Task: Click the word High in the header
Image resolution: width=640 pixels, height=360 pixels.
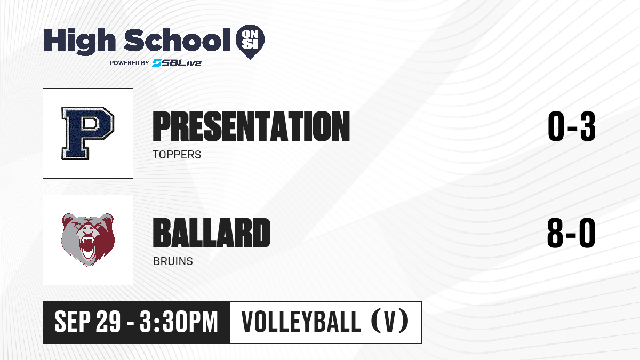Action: pyautogui.click(x=79, y=42)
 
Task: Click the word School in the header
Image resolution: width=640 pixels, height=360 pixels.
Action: pyautogui.click(x=177, y=39)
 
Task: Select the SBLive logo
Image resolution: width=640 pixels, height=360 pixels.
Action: pyautogui.click(x=177, y=62)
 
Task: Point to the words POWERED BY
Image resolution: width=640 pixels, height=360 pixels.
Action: pyautogui.click(x=130, y=63)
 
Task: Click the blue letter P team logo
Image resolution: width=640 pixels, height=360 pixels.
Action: pyautogui.click(x=87, y=133)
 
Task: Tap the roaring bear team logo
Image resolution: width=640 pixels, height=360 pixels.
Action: pyautogui.click(x=88, y=239)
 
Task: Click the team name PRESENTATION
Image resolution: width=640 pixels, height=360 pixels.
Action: pyautogui.click(x=251, y=126)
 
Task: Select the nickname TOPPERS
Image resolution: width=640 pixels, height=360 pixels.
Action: pyautogui.click(x=177, y=155)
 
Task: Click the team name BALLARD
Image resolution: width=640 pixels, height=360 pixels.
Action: pyautogui.click(x=212, y=233)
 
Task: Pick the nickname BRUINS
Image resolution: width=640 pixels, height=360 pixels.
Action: pyautogui.click(x=173, y=261)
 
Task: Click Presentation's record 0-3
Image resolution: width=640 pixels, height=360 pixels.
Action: pyautogui.click(x=571, y=126)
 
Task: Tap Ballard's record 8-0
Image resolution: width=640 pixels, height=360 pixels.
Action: pyautogui.click(x=571, y=233)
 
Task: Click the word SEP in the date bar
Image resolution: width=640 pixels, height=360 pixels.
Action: pyautogui.click(x=73, y=322)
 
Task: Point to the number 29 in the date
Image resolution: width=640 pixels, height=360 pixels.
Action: pyautogui.click(x=108, y=322)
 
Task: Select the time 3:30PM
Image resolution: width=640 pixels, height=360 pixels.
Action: pyautogui.click(x=179, y=322)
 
